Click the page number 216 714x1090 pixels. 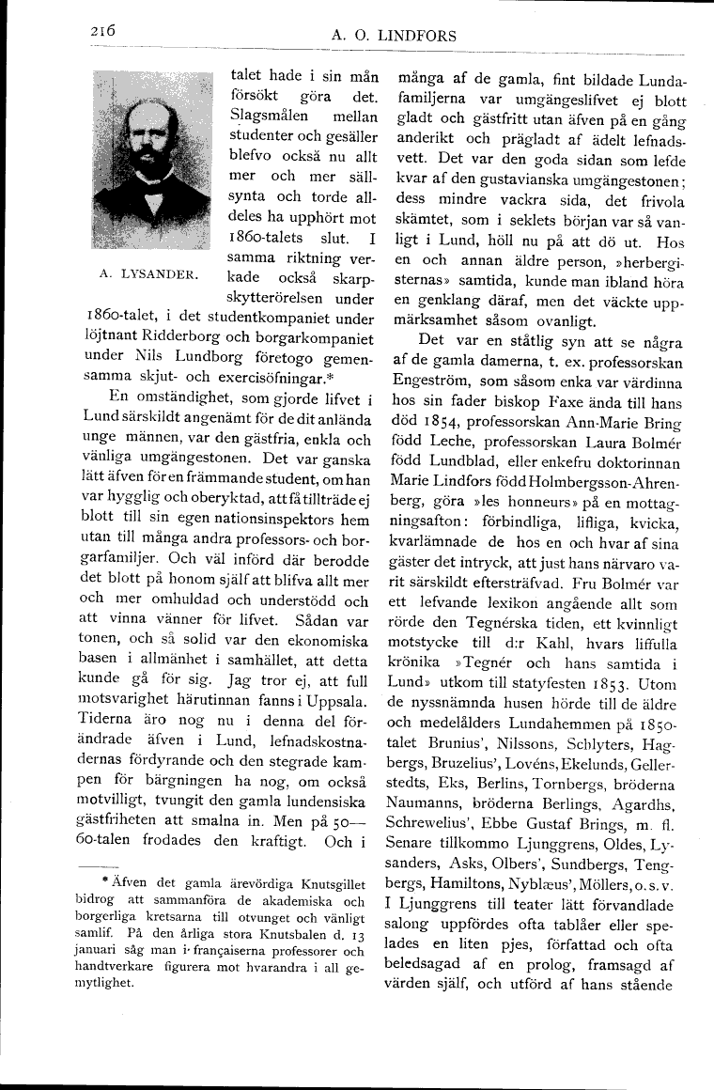tap(99, 32)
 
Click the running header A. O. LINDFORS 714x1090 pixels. tap(394, 36)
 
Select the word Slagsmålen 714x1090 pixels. tap(266, 117)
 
